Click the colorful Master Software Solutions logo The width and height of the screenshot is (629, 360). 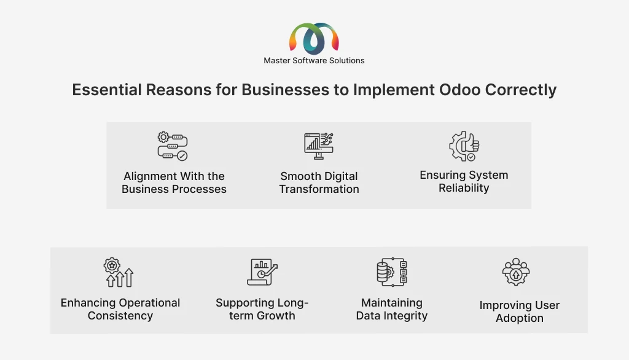(314, 39)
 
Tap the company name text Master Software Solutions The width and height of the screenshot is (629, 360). (314, 61)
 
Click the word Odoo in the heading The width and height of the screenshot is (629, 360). (459, 90)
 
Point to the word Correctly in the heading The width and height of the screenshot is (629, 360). (521, 90)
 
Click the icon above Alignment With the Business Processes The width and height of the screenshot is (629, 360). (173, 146)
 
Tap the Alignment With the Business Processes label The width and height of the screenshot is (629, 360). (174, 182)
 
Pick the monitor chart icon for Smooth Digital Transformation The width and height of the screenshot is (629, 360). (319, 146)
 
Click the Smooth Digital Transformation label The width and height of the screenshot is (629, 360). (319, 182)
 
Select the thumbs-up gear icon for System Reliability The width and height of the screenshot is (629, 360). (464, 146)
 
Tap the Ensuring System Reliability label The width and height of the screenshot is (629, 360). (464, 181)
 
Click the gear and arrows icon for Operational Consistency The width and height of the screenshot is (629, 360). (119, 272)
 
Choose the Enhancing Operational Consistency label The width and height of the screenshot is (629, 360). (120, 309)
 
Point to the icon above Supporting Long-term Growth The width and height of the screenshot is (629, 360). (262, 272)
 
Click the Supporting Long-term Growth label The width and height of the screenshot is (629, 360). (262, 309)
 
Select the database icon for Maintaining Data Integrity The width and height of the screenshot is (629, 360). (392, 272)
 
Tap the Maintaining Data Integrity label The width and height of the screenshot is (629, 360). (392, 309)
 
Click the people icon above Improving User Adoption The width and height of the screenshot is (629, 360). (516, 272)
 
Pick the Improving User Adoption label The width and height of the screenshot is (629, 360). (520, 311)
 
